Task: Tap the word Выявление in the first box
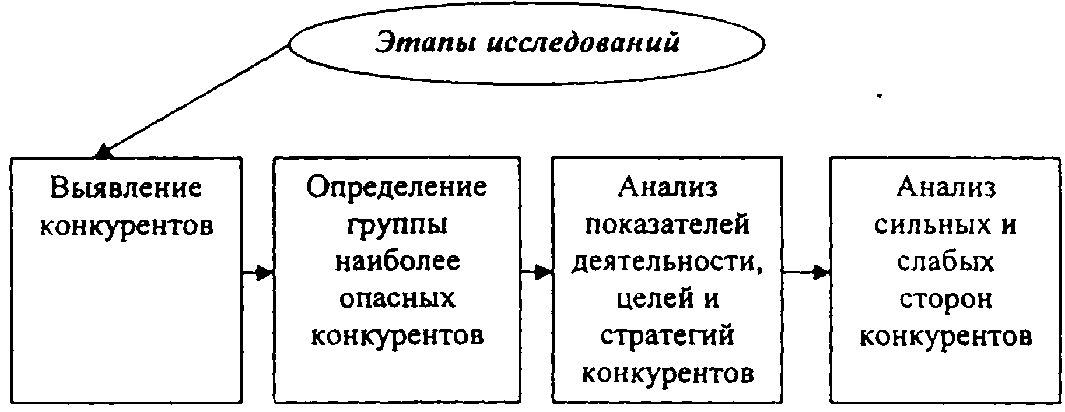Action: pos(126,188)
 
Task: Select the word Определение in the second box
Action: pos(397,187)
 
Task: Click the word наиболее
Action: pos(397,261)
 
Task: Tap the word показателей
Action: pos(667,224)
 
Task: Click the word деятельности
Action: pos(667,262)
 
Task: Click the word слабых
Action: pos(945,261)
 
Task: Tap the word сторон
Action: pos(945,300)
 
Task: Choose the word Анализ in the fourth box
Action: pos(945,188)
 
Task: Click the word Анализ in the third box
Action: pos(667,188)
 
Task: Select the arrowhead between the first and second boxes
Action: pos(265,272)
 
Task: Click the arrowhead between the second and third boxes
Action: pos(544,272)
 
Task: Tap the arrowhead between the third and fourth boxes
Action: pos(822,272)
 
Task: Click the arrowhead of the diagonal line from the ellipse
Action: pos(104,151)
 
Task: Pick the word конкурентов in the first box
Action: pos(126,225)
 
